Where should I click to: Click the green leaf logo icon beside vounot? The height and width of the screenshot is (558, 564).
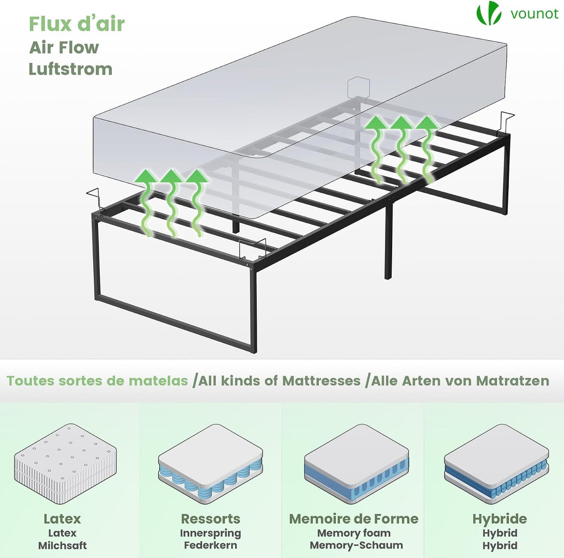[x=489, y=13]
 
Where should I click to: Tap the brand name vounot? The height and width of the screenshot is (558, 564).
[x=534, y=14]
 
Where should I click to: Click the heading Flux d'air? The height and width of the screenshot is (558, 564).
[x=77, y=24]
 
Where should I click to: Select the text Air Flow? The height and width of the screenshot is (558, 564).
[x=64, y=47]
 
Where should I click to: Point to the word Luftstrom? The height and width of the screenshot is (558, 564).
[x=70, y=69]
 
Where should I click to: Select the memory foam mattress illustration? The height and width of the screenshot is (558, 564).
[x=356, y=463]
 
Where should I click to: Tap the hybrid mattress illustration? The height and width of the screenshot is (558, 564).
[x=497, y=463]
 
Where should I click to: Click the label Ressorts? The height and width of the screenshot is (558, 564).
[x=210, y=518]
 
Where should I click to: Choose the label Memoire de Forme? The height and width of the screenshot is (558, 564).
[x=354, y=518]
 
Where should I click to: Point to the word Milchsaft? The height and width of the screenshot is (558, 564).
[x=63, y=545]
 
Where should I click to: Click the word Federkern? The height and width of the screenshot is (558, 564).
[x=210, y=545]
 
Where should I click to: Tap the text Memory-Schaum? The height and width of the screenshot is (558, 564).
[x=356, y=545]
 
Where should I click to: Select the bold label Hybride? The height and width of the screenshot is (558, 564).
[x=500, y=519]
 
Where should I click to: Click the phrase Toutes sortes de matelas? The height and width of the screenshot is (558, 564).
[x=97, y=380]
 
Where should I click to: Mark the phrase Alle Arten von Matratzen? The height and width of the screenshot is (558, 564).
[x=460, y=380]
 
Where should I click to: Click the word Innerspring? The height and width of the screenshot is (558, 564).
[x=210, y=533]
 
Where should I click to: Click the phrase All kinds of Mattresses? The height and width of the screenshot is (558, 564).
[x=279, y=380]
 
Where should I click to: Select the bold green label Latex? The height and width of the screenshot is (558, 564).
[x=62, y=518]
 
